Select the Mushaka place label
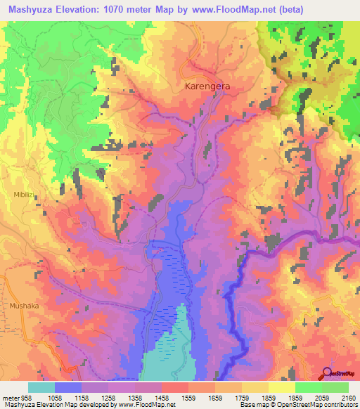tap(25, 306)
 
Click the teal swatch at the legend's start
tap(41, 387)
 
